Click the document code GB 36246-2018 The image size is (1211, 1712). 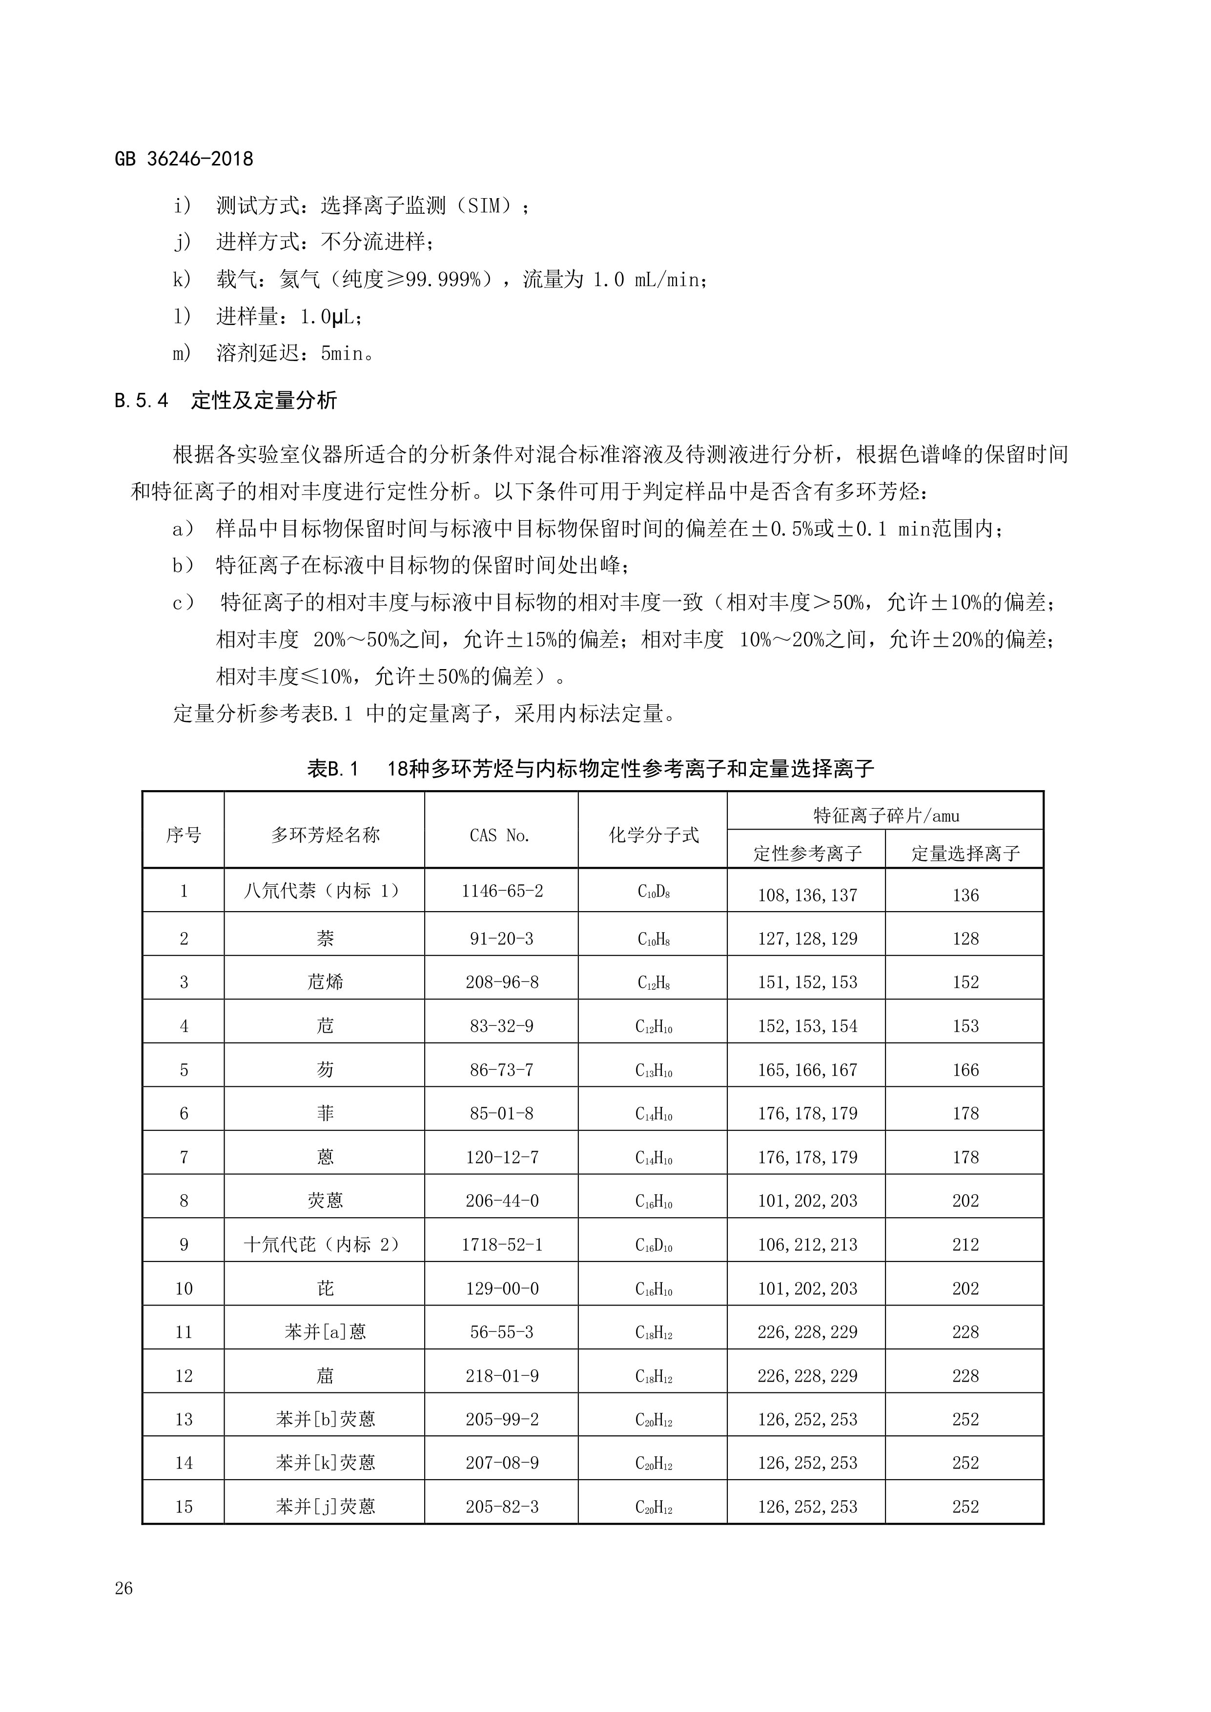coord(184,159)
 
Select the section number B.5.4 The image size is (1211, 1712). coord(142,401)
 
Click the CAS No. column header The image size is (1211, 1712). coord(500,835)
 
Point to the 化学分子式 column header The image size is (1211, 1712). coord(653,835)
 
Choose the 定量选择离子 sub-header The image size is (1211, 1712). coord(965,853)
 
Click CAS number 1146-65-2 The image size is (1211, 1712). coord(502,891)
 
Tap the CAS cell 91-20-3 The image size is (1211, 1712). coord(501,939)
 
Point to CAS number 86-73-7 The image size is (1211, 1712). coord(501,1070)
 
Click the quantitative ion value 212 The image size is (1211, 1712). coord(965,1244)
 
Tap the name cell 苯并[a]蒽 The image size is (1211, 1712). coord(325,1332)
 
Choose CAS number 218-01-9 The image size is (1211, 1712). coord(502,1376)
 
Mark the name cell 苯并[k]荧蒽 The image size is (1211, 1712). coord(325,1463)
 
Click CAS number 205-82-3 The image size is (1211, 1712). coord(502,1507)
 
